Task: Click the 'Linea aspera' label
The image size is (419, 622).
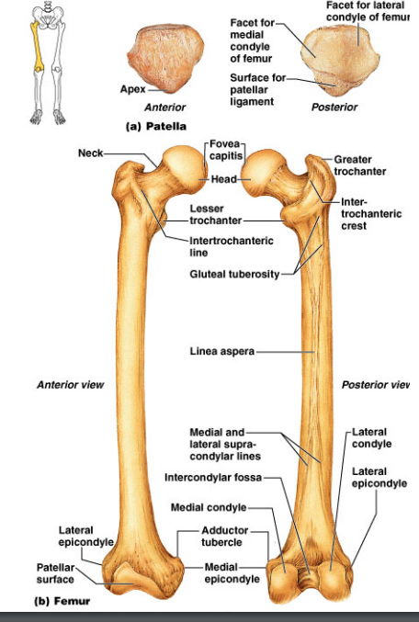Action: [221, 352]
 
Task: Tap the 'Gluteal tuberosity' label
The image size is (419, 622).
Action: [234, 274]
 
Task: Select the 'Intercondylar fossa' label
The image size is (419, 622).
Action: [213, 477]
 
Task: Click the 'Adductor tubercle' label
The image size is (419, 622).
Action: [224, 537]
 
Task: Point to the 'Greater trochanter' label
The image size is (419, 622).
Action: [360, 165]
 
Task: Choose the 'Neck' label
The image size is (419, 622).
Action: [90, 153]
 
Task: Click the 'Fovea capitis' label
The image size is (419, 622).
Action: [226, 150]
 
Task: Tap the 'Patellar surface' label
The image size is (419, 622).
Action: [55, 573]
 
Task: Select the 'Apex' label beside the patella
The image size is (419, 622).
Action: [133, 89]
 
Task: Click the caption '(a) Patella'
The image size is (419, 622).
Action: [156, 127]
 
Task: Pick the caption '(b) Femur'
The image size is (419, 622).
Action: [62, 601]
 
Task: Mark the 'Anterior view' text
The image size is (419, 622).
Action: [70, 385]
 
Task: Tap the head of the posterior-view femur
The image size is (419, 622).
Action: [263, 171]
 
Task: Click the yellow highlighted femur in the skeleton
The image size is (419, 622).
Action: [38, 46]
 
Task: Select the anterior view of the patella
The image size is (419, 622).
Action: [165, 59]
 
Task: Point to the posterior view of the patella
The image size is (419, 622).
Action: [340, 62]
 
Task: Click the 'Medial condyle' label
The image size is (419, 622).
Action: [209, 507]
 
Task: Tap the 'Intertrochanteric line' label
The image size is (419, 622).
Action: [232, 246]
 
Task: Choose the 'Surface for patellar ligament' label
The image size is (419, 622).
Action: [257, 90]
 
